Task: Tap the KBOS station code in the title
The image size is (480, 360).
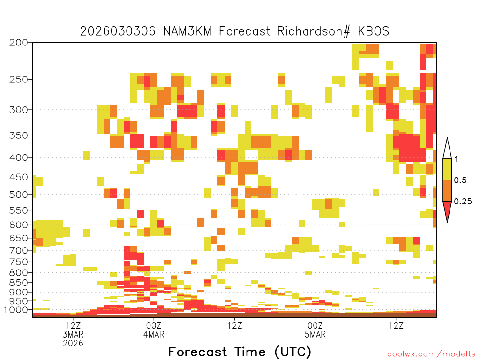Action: point(373,31)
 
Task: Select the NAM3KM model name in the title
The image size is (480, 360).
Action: point(187,31)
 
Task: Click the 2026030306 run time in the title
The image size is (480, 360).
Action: point(118,31)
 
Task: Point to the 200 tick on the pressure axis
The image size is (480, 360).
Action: point(19,43)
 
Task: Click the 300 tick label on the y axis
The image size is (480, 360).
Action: point(19,110)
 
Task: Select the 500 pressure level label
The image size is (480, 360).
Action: point(19,195)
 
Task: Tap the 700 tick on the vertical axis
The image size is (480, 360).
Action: point(19,250)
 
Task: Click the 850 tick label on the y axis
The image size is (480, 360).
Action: point(19,283)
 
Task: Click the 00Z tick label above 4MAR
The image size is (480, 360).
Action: point(154,325)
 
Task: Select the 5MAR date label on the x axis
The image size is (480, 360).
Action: point(315,334)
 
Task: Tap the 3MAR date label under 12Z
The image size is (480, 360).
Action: point(73,334)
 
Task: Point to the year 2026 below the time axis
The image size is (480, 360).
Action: point(73,344)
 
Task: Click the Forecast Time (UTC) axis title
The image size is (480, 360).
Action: point(240,352)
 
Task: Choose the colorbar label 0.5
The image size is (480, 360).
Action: point(460,180)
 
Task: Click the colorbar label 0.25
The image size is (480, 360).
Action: point(463,202)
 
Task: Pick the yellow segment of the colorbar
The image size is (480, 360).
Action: point(447,169)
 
